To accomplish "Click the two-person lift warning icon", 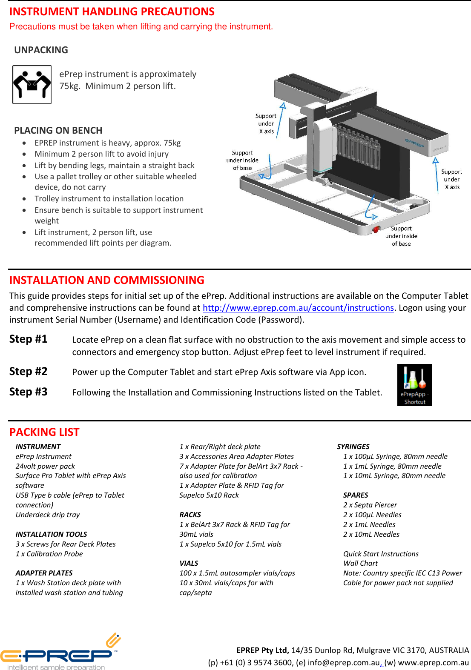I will coord(32,84).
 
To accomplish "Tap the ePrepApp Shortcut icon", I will coord(414,385).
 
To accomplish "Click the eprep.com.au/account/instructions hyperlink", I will coord(298,308).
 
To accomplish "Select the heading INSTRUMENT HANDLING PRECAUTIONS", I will coord(112,11).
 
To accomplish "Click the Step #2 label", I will coord(29,371).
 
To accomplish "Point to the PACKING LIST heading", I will coord(44,432).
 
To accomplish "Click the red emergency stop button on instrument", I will coord(376,230).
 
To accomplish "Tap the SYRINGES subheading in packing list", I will coord(353,447).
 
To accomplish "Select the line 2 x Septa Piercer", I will coord(370,505).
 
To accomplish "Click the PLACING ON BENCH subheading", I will coord(58,130).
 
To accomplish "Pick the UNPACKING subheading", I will coord(41,50).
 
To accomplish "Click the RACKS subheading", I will coord(190,515).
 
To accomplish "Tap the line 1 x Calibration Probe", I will coord(49,554).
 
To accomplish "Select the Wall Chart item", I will coord(360,563).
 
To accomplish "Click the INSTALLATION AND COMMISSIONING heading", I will coord(107,280).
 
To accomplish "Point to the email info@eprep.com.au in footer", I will coord(343,662).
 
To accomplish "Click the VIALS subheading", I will coord(189,563).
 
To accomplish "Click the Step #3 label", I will coord(29,392).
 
